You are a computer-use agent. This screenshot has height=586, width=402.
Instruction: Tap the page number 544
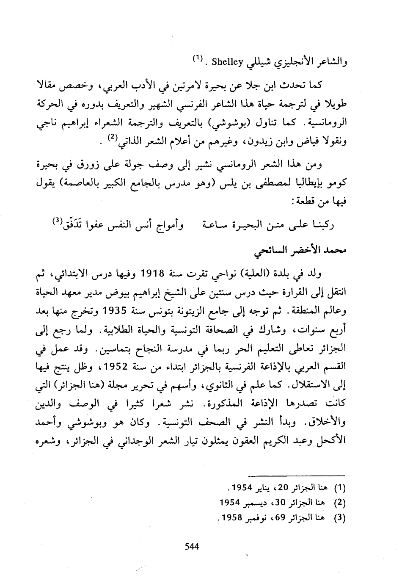coord(192,546)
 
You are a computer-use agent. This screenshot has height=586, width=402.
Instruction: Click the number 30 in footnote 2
coord(282,503)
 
